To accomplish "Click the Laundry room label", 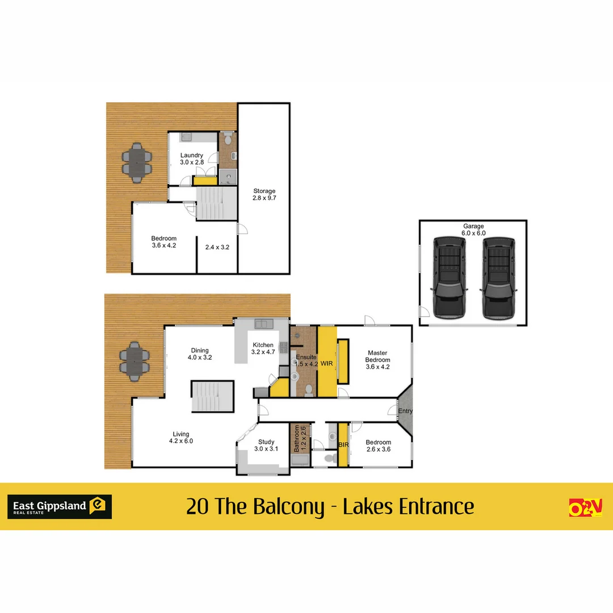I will tap(192, 159).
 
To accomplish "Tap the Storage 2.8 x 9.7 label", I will tap(264, 195).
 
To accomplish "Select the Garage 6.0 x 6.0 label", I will tap(473, 229).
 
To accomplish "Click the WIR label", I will tap(326, 363).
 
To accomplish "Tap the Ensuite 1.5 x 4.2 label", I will tap(306, 360).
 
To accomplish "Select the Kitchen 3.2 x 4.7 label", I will tap(263, 349).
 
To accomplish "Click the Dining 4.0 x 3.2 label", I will tap(200, 354).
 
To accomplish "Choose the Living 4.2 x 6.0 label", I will tap(182, 438).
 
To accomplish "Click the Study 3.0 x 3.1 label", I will tap(266, 446).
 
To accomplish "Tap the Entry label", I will tap(405, 412).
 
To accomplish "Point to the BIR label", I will tap(343, 445).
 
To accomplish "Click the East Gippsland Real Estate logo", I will tap(59, 506).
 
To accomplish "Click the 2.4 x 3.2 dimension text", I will tap(217, 247).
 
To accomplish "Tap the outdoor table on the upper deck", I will tap(137, 162).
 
